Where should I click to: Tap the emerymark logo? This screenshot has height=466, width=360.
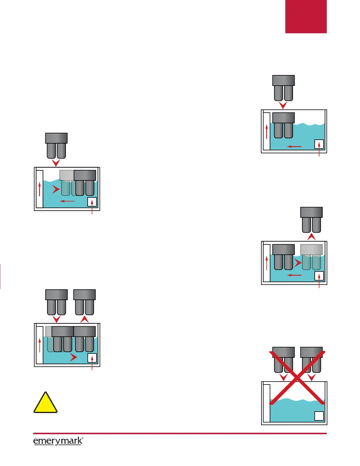coord(58,441)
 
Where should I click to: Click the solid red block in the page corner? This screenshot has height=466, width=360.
coord(306,16)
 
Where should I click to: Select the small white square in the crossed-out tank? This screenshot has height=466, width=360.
coord(319,416)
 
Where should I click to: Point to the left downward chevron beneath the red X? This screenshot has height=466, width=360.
coord(283,377)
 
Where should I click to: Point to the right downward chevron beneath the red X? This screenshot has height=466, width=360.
coord(311,377)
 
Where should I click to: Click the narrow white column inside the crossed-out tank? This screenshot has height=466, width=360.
coord(266,403)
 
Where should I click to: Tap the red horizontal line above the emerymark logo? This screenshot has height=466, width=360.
coord(180,433)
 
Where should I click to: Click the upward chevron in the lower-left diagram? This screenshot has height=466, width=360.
coord(84,319)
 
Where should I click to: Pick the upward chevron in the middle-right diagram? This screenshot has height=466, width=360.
coord(311,237)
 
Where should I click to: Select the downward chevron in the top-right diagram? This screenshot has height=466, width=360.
coord(283,105)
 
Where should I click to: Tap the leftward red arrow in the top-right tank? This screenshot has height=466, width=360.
coord(294,147)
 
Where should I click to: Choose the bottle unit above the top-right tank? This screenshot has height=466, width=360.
coord(284,88)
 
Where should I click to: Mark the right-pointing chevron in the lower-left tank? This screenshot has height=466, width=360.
coord(73,357)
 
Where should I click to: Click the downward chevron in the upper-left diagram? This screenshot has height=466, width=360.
coord(56,163)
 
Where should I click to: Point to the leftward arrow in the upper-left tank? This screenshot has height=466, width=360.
coord(67,202)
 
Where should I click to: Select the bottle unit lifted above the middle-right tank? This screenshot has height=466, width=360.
coord(311,220)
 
